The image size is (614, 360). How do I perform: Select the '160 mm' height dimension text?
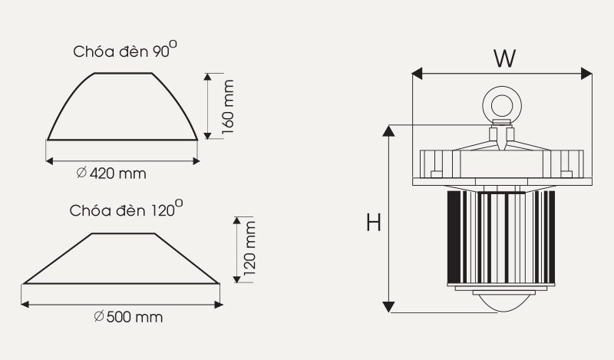pos(227,107)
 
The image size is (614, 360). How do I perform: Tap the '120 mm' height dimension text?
pos(249,248)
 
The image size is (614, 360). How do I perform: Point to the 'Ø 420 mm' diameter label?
pos(111,173)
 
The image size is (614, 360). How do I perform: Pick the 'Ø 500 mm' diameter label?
pos(128,316)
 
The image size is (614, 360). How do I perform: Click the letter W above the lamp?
pos(505,59)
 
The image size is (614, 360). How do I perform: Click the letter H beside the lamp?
pos(374,223)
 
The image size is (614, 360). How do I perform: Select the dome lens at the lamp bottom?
pos(503,302)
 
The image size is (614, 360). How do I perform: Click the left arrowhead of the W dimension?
pos(417,73)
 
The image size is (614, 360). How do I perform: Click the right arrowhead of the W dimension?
pos(586,73)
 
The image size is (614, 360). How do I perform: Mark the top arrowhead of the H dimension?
pos(388,130)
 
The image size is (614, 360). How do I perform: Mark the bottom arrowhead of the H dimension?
pos(388,307)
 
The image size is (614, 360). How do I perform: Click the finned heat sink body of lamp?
pos(501,238)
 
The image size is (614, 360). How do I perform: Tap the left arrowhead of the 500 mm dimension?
pos(25,305)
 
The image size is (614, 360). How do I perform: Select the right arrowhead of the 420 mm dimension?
pos(196,161)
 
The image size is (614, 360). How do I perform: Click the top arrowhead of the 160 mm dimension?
pos(207,77)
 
